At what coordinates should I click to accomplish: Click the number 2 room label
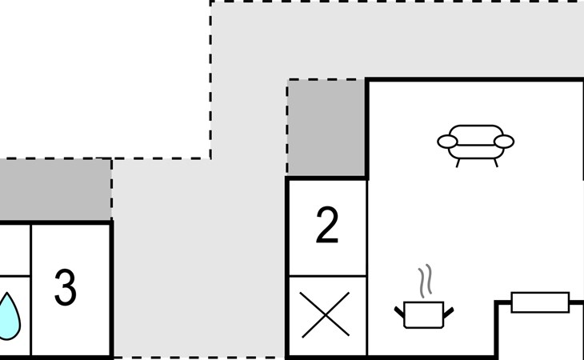point(327,226)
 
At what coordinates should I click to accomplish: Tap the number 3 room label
point(65,287)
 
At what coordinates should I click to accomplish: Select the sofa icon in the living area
point(475,142)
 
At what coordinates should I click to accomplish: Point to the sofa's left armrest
point(447,142)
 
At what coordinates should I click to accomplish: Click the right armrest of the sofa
point(504,142)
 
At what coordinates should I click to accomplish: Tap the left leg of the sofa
point(458,162)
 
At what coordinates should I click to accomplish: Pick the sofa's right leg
point(495,162)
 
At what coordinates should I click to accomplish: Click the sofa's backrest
point(475,131)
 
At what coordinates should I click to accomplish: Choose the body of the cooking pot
point(424,314)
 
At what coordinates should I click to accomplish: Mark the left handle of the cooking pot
point(399,310)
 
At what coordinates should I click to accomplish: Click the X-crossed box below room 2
point(326,315)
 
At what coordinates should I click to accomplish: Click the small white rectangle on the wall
point(539,302)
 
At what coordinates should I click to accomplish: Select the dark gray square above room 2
point(326,128)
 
